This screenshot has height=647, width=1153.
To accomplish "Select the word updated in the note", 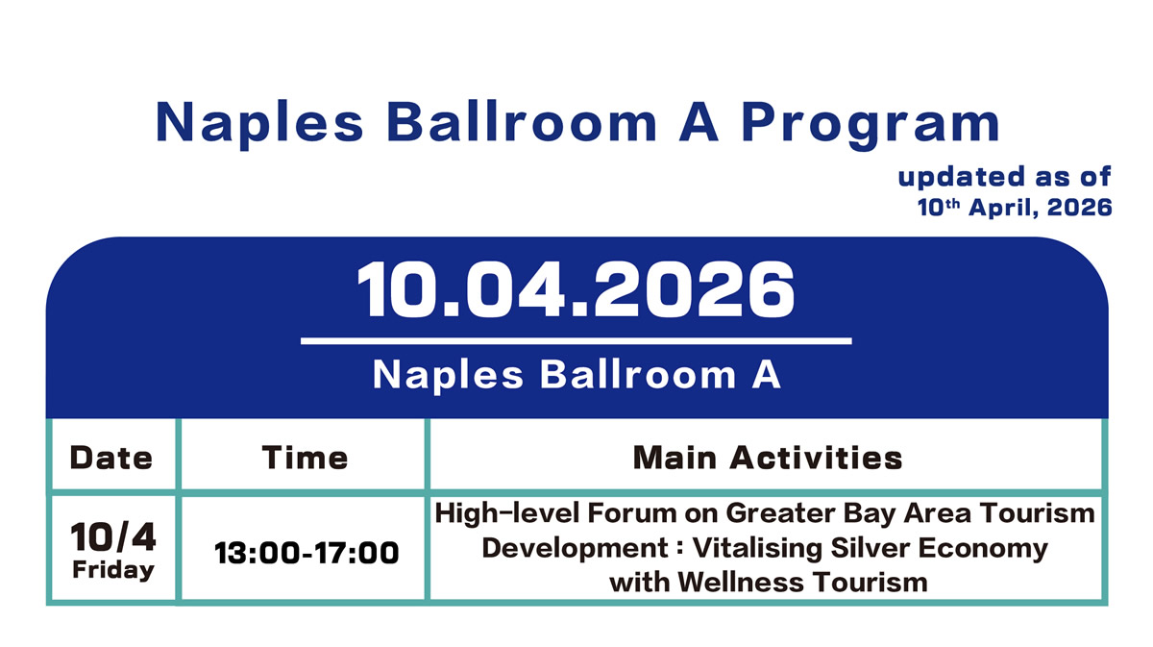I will click(946, 178).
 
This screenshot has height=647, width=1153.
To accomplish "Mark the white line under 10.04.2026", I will click(576, 340).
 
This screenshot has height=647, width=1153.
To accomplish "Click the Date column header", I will click(111, 458).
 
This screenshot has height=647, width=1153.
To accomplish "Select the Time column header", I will click(305, 458).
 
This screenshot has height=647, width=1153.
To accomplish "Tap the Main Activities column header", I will click(767, 458).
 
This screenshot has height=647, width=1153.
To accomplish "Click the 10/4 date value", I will click(113, 539).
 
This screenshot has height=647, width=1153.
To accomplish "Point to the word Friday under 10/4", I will click(113, 570).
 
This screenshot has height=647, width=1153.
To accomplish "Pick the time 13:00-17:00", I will click(307, 553).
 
